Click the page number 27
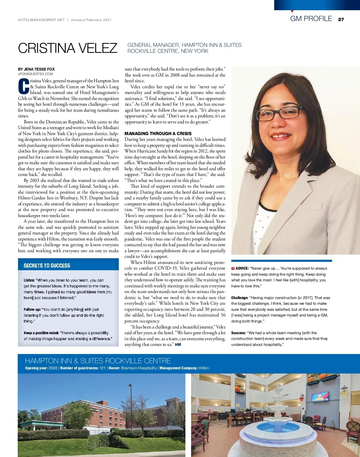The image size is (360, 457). coord(341,20)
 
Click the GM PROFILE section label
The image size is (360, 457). coord(311,19)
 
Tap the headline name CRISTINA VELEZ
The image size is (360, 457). coord(67,48)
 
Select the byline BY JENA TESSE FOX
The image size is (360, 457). coord(36,69)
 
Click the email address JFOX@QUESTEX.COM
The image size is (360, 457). coord(35,74)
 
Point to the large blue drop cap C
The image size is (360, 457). coord(24,86)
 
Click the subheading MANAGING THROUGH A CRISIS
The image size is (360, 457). coord(158,134)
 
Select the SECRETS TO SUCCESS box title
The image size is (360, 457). coord(47,265)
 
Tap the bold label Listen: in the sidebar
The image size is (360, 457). coord(29,280)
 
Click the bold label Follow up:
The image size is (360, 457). coord(32,309)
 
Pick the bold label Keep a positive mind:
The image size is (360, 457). coord(41,333)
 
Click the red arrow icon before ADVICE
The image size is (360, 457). coord(233,268)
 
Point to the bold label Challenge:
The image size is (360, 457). coord(239,298)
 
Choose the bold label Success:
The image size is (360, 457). coord(238,333)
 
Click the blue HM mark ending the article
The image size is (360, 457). coord(178,344)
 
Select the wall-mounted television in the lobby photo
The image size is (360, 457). coord(320,396)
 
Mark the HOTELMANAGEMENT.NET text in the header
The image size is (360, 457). coord(41,20)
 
